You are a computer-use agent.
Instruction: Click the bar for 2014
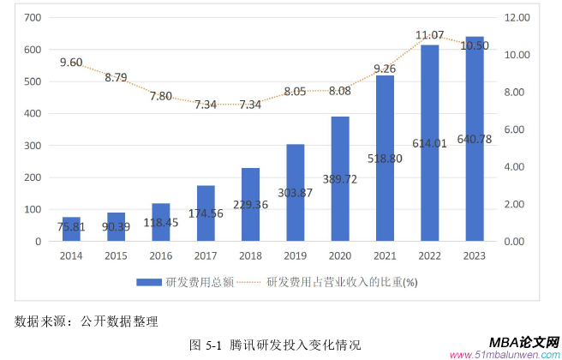click(x=71, y=230)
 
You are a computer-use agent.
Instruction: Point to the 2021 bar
click(x=385, y=159)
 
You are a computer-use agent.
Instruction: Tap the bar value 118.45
click(x=162, y=222)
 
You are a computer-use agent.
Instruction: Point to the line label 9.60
click(x=71, y=63)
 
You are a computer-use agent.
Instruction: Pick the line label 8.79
click(x=117, y=77)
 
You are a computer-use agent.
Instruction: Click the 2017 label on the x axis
click(x=206, y=255)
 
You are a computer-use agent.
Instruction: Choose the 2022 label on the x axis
click(x=429, y=255)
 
